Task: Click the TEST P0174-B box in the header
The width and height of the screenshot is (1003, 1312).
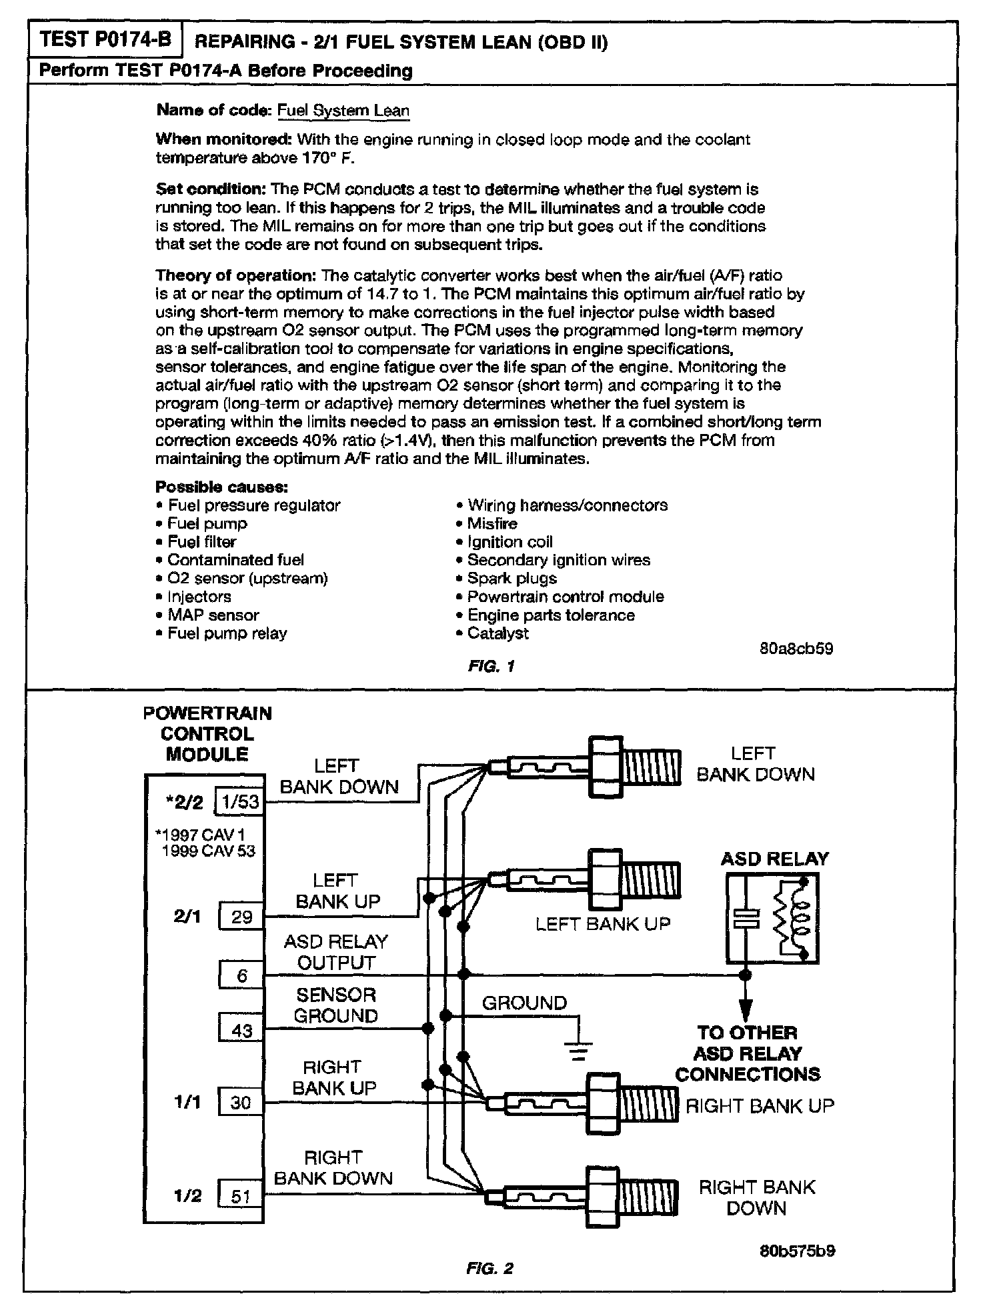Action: [104, 39]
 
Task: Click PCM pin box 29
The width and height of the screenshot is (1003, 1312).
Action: [241, 917]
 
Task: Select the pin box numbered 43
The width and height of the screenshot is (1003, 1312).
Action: [241, 1029]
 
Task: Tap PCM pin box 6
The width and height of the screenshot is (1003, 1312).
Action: [241, 975]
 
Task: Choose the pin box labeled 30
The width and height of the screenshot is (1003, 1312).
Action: [240, 1102]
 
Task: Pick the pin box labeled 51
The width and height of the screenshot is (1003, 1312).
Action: [240, 1197]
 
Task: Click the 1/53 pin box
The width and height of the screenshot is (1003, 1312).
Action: [240, 801]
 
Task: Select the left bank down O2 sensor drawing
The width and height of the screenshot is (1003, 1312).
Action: [585, 767]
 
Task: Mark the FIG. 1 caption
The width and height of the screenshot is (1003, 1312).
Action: [491, 666]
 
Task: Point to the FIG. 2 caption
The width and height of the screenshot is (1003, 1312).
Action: [490, 1269]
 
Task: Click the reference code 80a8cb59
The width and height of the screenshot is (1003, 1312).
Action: [796, 649]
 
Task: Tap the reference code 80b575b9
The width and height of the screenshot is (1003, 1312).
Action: [798, 1251]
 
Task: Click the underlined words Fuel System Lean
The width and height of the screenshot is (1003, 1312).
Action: [343, 111]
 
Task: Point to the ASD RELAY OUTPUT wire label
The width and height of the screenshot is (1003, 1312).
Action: [336, 952]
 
